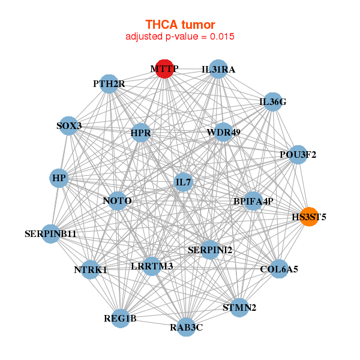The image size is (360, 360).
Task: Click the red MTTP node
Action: point(164,68)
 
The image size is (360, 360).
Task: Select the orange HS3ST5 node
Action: point(308,217)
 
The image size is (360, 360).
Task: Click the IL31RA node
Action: point(218,70)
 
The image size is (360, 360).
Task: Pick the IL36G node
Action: point(272,102)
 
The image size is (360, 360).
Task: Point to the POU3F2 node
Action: point(298,155)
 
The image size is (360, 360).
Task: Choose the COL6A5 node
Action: point(278,269)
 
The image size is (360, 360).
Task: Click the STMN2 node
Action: point(239,308)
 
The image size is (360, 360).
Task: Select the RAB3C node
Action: point(187,327)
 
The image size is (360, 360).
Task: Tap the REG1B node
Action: point(121,318)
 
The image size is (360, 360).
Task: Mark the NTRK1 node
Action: point(91,270)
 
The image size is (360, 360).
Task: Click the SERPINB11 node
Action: point(51,233)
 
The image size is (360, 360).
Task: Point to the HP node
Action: point(59,178)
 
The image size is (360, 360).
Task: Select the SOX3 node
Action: point(70,126)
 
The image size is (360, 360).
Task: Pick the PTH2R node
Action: point(109,84)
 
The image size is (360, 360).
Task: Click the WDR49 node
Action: point(223,132)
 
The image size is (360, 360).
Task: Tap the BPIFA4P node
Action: point(253,202)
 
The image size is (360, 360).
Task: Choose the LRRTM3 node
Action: point(152,265)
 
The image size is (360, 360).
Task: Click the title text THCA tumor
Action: point(180,25)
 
